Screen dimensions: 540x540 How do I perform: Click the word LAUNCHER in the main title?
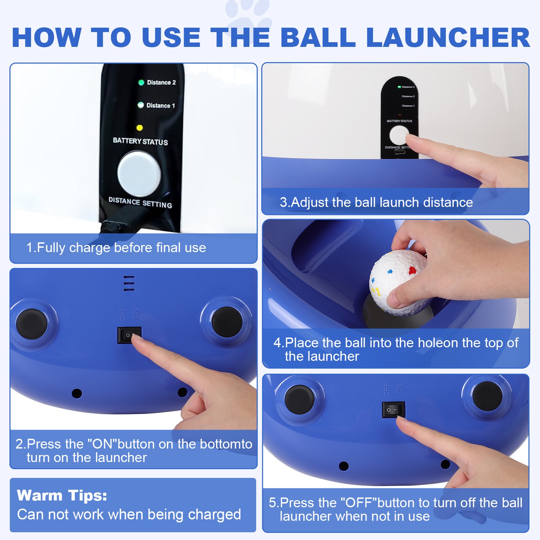pos(448,37)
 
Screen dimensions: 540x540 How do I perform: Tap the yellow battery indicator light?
pos(139,128)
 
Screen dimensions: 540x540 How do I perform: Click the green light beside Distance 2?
pos(141,82)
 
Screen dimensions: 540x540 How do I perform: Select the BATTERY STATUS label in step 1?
pos(140,141)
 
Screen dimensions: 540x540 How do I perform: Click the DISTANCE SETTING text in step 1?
pos(140,202)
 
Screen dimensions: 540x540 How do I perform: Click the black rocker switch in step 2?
pos(129,335)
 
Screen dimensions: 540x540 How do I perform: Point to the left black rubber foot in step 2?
pos(32,324)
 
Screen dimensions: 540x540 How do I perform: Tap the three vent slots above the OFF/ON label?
pos(129,283)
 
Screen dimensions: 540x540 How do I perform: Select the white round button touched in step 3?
pos(399,135)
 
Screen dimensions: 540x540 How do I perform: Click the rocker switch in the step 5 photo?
pos(393,410)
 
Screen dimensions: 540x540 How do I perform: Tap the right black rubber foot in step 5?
pos(487,396)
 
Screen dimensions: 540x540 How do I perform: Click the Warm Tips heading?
pos(62,495)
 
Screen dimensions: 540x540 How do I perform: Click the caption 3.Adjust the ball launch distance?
pos(376,202)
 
